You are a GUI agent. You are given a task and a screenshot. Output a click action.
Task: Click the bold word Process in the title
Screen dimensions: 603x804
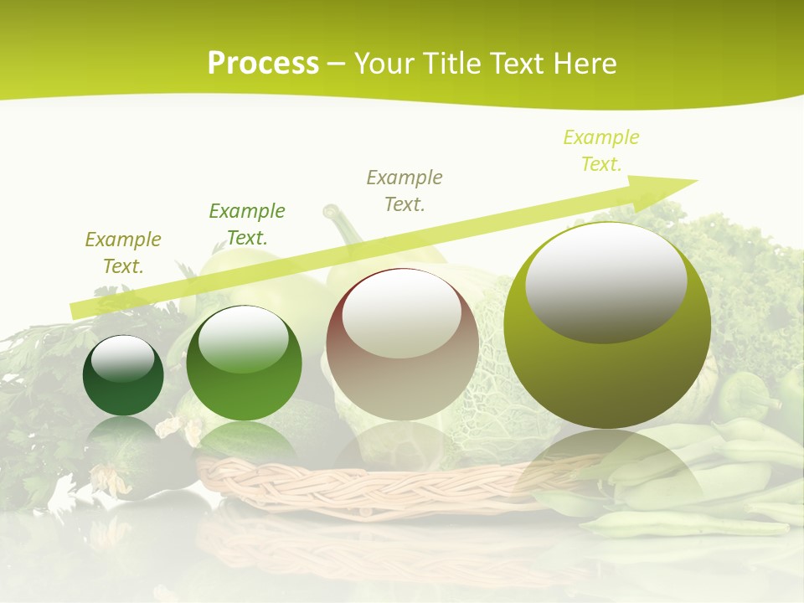(263, 64)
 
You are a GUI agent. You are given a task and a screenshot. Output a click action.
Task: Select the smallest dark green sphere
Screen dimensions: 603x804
(123, 376)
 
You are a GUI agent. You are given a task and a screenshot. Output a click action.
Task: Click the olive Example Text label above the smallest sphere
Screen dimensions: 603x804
(123, 252)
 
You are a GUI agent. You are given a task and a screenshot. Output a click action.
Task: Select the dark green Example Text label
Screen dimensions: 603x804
(247, 224)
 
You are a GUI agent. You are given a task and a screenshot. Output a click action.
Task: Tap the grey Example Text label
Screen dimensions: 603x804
(405, 190)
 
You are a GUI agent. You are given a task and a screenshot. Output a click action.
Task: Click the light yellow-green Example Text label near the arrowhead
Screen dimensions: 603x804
(601, 151)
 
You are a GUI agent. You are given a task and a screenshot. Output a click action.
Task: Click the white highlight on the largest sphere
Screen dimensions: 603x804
(606, 281)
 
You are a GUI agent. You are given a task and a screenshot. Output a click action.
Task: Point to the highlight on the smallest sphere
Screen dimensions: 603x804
(123, 358)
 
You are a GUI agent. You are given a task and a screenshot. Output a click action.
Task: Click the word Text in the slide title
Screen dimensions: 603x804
(516, 64)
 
